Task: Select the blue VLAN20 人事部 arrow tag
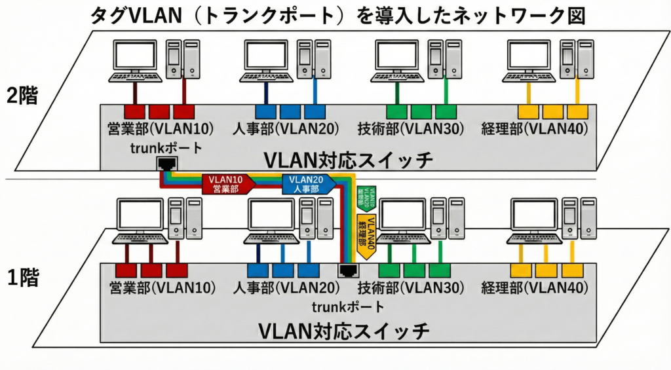pyautogui.click(x=307, y=184)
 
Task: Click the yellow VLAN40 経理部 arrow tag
pyautogui.click(x=365, y=234)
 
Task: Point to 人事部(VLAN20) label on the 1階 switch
pyautogui.click(x=286, y=287)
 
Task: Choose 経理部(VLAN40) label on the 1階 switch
pyautogui.click(x=534, y=287)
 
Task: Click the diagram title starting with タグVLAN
pyautogui.click(x=335, y=14)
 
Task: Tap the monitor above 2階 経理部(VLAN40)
pyautogui.click(x=528, y=56)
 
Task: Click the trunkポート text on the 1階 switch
pyautogui.click(x=347, y=306)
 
